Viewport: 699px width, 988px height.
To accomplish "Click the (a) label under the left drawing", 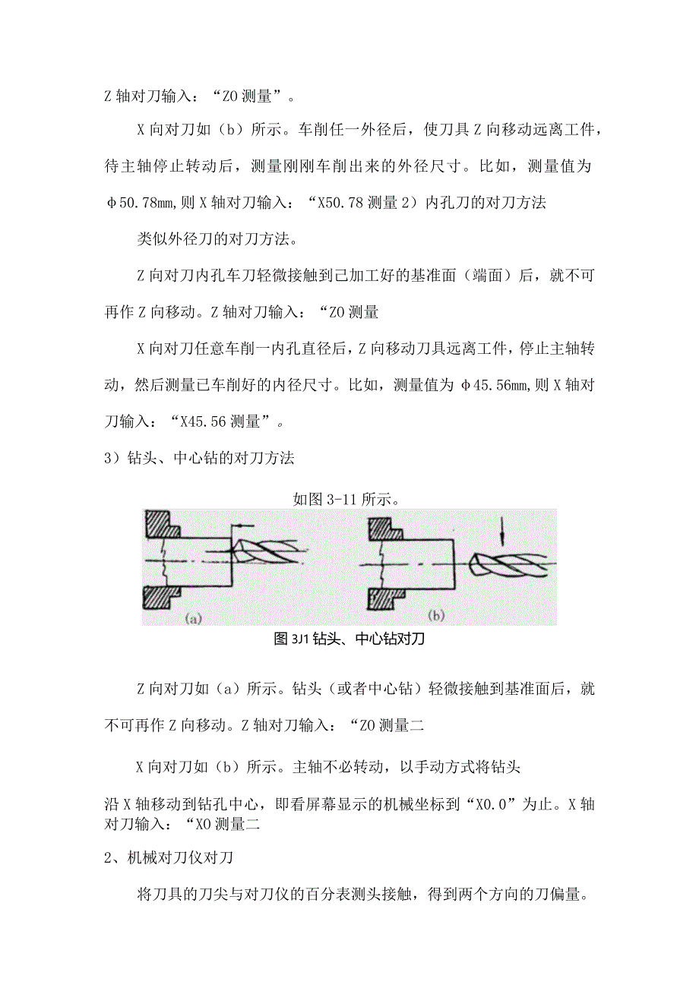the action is point(193,618).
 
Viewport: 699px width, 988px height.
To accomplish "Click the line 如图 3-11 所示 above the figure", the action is point(347,499).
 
